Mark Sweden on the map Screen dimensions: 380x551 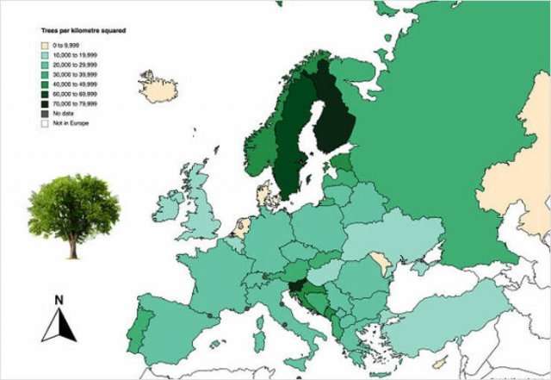(x=293, y=138)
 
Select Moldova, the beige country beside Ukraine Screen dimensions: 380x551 (x=379, y=259)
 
